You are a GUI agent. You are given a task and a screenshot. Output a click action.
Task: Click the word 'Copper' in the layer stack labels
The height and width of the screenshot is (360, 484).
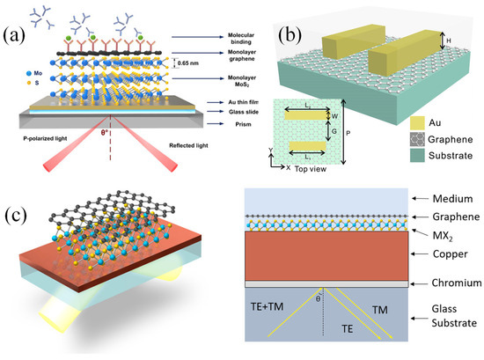[444, 257]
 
